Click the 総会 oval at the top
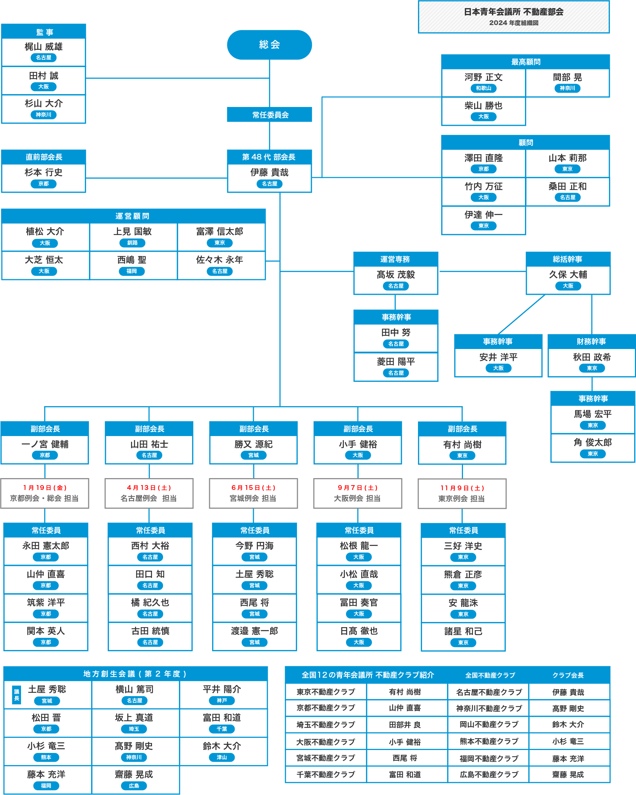click(x=269, y=45)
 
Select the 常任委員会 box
click(x=269, y=115)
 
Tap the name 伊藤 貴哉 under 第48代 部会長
click(x=269, y=172)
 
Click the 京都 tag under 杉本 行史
click(x=44, y=184)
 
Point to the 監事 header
click(x=44, y=32)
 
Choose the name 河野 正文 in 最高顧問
click(x=483, y=77)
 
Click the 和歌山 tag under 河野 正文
click(x=483, y=88)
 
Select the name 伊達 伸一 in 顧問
click(x=483, y=215)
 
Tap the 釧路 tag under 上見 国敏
click(x=132, y=243)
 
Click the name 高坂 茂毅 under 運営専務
click(x=396, y=274)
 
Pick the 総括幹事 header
click(x=568, y=259)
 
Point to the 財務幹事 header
click(x=591, y=342)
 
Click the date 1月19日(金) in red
click(x=45, y=488)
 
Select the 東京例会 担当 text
click(x=462, y=499)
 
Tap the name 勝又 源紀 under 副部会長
click(x=253, y=444)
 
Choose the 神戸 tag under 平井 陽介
click(x=222, y=701)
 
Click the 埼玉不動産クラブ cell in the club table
click(x=326, y=725)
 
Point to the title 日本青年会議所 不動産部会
click(x=514, y=12)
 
